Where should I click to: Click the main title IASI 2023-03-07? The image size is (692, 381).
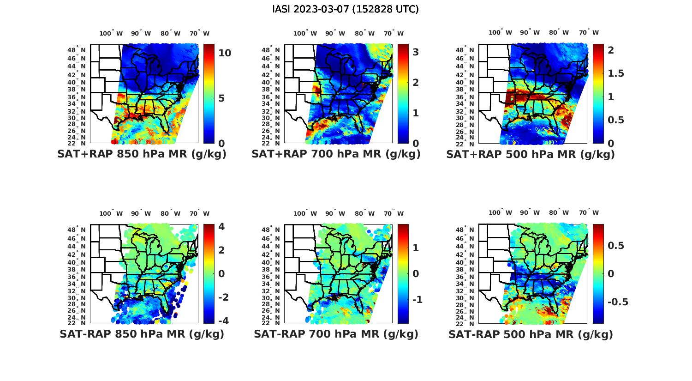(x=346, y=9)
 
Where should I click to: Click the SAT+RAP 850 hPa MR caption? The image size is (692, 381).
(x=142, y=154)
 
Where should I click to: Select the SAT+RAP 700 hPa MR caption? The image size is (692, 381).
(x=336, y=154)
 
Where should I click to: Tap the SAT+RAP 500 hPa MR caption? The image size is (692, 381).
(x=530, y=154)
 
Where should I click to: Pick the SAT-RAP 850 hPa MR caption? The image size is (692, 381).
(x=142, y=334)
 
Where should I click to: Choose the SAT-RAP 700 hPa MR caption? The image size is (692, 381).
(x=336, y=334)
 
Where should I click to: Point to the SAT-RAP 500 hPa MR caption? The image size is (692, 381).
(x=531, y=334)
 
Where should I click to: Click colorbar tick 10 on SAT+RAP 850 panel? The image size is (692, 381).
(x=225, y=53)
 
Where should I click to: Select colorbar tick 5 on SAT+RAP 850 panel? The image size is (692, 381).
(x=221, y=98)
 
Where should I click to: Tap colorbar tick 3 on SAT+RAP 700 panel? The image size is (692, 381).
(x=416, y=52)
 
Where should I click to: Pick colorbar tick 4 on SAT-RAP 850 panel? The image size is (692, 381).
(x=221, y=227)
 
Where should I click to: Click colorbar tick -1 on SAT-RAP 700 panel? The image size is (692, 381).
(x=417, y=300)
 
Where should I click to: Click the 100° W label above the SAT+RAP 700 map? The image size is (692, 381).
(x=305, y=33)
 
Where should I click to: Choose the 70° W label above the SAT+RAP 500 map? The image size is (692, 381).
(x=589, y=32)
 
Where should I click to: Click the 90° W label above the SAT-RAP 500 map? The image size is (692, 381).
(x=530, y=212)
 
